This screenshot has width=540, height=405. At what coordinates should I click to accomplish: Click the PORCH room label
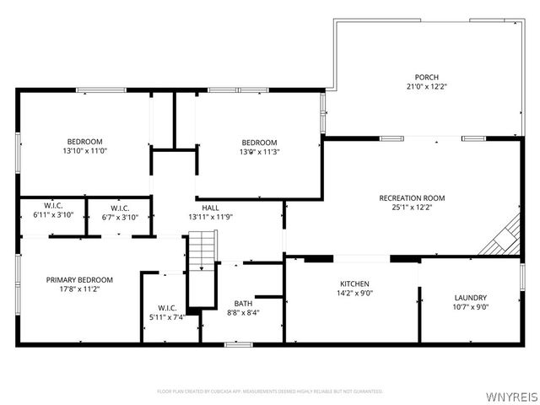click(x=426, y=75)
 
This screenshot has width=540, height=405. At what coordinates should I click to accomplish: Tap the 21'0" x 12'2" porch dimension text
click(x=426, y=85)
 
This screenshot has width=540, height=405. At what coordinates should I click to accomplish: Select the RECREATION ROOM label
click(x=418, y=198)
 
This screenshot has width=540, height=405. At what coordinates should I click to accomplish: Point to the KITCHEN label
click(x=354, y=284)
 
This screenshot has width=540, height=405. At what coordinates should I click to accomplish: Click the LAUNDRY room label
click(x=471, y=297)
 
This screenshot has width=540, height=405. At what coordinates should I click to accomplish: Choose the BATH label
click(x=243, y=303)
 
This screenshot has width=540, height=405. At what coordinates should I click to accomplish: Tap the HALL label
click(x=210, y=207)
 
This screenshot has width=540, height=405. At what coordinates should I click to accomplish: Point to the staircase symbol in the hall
click(x=202, y=251)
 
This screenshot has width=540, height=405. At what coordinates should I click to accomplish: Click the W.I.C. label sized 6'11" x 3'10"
click(x=53, y=207)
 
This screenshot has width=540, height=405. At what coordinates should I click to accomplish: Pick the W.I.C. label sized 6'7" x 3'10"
click(x=119, y=208)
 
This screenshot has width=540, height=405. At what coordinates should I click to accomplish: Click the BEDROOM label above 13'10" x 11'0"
click(x=85, y=141)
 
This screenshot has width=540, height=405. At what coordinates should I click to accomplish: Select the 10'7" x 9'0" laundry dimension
click(x=471, y=307)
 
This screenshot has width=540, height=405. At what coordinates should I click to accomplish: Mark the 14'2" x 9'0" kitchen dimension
click(x=354, y=294)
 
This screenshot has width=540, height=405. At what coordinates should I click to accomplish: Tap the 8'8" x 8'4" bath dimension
click(x=243, y=313)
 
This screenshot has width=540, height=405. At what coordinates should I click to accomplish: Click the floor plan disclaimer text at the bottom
click(x=270, y=391)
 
